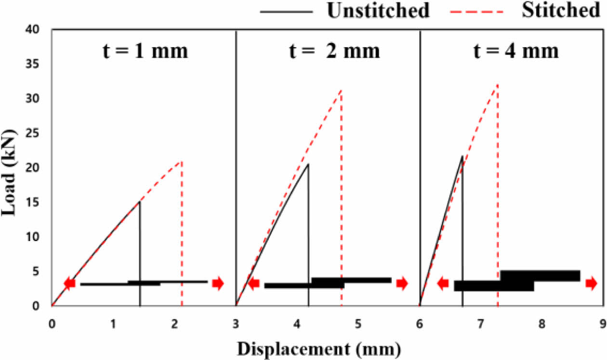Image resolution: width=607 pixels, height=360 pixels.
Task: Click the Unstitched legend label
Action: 378,11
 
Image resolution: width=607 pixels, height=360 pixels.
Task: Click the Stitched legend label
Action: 560,11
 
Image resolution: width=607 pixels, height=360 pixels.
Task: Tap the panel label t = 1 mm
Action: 145,51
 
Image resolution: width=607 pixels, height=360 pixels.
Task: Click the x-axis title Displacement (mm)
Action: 319,347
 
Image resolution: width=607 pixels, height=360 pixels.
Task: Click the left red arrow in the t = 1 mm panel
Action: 70,283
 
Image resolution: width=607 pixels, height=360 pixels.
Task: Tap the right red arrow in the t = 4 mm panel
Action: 591,284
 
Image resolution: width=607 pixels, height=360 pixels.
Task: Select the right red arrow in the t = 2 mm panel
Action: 402,283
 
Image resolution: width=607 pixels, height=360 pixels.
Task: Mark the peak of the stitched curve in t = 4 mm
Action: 497,85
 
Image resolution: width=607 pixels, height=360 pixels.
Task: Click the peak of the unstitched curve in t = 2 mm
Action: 308,164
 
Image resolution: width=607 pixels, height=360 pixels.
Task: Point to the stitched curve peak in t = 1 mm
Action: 181,161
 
